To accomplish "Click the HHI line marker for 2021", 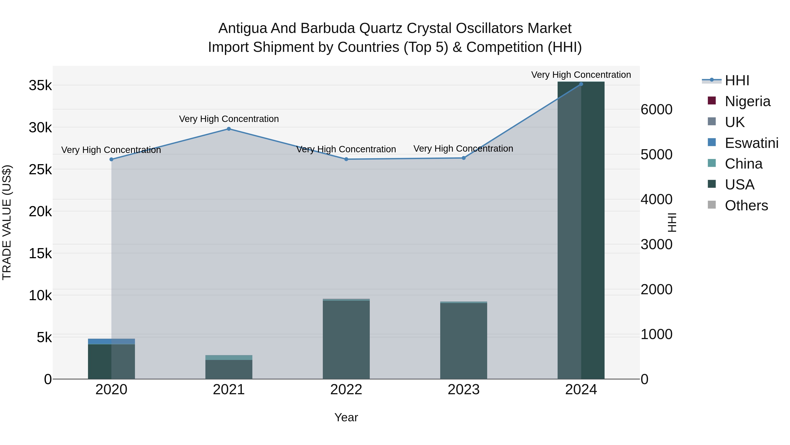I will tap(229, 129).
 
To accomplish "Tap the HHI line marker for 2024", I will tap(581, 84).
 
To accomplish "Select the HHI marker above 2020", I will tap(111, 159).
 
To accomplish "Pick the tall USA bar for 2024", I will tap(581, 230).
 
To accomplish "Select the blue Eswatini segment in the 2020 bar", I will tap(111, 341).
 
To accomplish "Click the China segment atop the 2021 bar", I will tap(229, 358).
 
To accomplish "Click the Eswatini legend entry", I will tap(751, 143).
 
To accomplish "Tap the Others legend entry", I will tap(746, 205).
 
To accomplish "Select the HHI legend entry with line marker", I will tap(737, 80).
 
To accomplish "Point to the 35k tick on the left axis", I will tap(40, 86).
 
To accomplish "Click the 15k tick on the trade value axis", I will tap(40, 254).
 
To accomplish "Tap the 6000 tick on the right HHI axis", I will tap(657, 110).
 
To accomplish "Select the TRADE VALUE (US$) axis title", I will tap(7, 222).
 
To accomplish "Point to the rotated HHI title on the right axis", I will tap(672, 222).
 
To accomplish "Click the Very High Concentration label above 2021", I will tap(229, 119).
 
